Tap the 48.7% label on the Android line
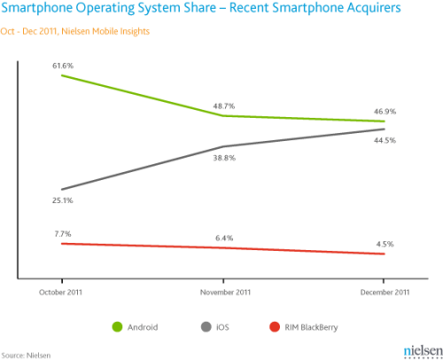click(223, 106)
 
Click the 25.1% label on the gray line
click(63, 200)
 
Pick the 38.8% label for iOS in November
click(224, 158)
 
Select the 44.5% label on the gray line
click(385, 140)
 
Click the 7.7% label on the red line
click(62, 233)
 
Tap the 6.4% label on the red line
click(224, 238)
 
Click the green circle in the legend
click(117, 326)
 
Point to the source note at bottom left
click(27, 355)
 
